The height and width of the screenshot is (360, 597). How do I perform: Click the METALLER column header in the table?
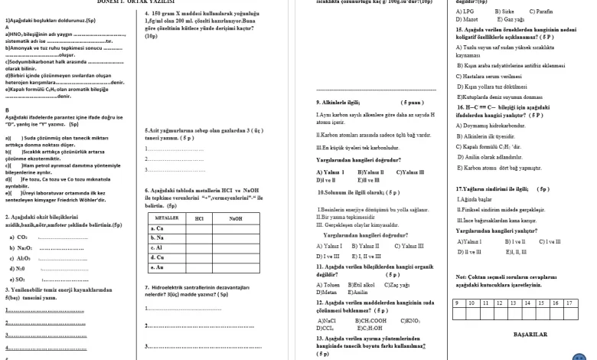(x=165, y=218)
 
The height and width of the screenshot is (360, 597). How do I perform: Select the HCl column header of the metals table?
(x=200, y=218)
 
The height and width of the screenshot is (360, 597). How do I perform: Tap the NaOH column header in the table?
(x=236, y=218)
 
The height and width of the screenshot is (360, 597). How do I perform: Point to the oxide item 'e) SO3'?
(x=19, y=279)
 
